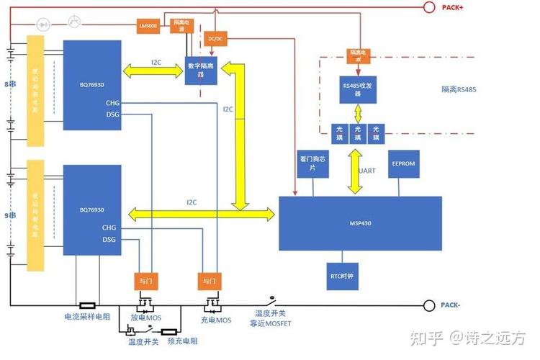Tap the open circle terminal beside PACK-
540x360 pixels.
tap(430, 305)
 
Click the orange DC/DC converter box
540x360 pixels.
tap(215, 38)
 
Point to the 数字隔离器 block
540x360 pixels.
tap(202, 70)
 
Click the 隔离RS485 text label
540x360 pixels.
tap(459, 90)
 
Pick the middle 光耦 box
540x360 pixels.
tap(357, 132)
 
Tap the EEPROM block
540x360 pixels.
tap(402, 164)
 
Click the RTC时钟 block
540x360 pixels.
tap(340, 276)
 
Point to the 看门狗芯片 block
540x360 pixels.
tap(312, 163)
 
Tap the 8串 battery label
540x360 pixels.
tap(9, 84)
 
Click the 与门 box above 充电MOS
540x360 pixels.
tap(209, 280)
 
